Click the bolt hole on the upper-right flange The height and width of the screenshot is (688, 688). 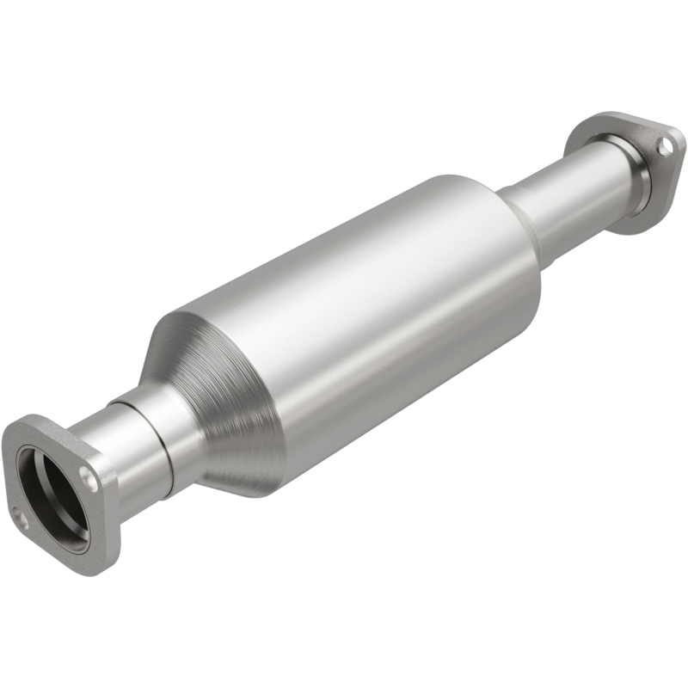pyautogui.click(x=665, y=148)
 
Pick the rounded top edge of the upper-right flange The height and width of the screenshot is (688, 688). pyautogui.click(x=602, y=116)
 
